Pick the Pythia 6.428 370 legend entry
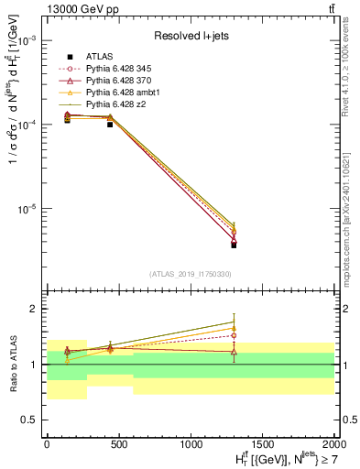pos(113,82)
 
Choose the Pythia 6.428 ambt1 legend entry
pos(115,93)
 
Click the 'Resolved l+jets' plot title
pos(190,36)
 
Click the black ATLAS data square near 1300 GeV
pos(234,245)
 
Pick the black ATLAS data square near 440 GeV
pos(110,124)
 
